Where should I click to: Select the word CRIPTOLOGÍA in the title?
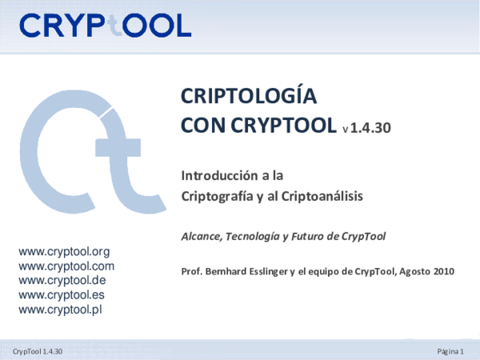tap(250, 98)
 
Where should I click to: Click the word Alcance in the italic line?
tap(202, 236)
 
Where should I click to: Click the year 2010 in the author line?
tap(444, 271)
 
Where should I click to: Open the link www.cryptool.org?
tap(63, 253)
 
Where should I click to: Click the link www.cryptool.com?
tap(66, 266)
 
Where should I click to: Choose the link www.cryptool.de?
tap(62, 281)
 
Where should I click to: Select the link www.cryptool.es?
tap(62, 295)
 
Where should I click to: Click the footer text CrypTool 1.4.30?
tap(38, 352)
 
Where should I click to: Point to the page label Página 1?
tap(451, 352)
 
